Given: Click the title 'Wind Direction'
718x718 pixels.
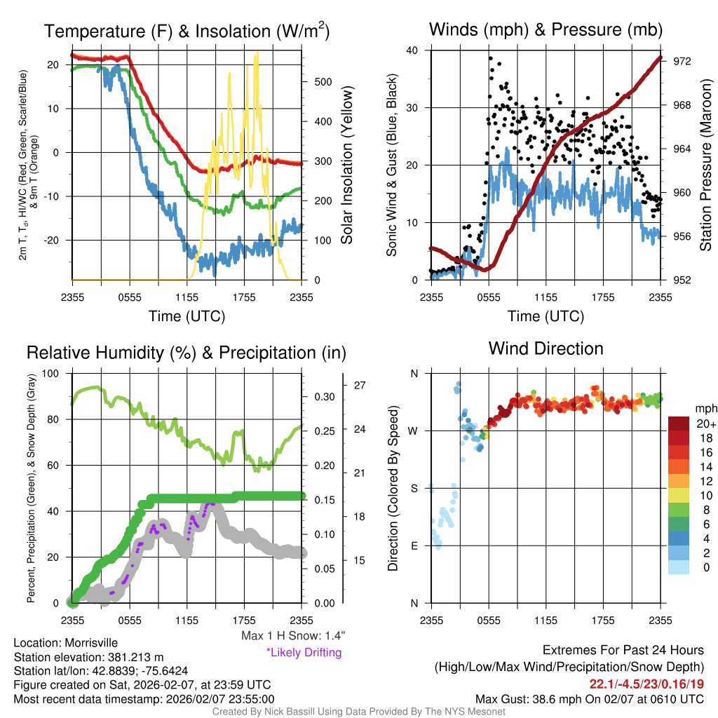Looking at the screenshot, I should [x=546, y=348].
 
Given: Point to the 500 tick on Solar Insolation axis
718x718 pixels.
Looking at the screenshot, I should [x=323, y=81].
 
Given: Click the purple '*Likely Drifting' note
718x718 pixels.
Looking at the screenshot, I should [x=304, y=653].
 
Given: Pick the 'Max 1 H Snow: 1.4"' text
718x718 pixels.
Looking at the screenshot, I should [x=292, y=636].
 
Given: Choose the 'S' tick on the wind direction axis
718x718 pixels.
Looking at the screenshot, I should [x=413, y=488].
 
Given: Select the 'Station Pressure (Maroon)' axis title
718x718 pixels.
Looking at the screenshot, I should [x=705, y=165].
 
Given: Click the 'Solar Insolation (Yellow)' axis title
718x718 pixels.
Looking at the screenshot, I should [x=346, y=165].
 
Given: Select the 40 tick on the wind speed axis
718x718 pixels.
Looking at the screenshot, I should [x=412, y=50].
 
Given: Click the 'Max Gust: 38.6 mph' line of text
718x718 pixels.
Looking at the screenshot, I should [x=589, y=698].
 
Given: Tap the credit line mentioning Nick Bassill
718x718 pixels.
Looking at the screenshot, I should [x=359, y=711].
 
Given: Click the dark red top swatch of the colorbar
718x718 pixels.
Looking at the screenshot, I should [x=679, y=424].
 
